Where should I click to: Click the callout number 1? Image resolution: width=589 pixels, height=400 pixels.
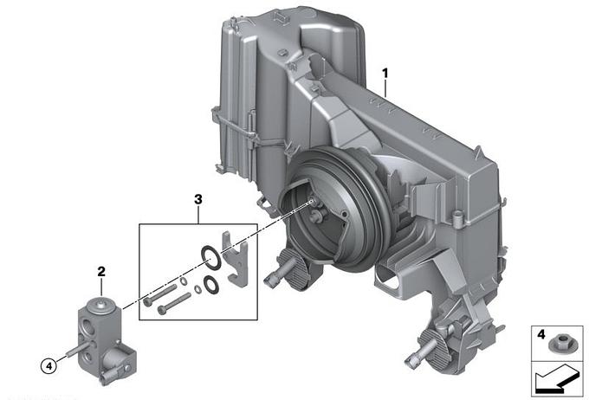tap(385, 74)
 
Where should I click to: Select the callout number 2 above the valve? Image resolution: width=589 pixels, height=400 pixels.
tap(101, 272)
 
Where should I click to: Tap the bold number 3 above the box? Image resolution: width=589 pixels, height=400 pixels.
tap(198, 199)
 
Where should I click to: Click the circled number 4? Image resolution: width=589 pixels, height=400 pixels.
tap(49, 365)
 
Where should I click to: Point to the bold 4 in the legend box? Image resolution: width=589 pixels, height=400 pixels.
tap(540, 334)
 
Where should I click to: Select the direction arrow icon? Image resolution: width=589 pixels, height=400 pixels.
tap(557, 380)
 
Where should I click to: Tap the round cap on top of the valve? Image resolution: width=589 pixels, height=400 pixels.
tap(100, 304)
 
